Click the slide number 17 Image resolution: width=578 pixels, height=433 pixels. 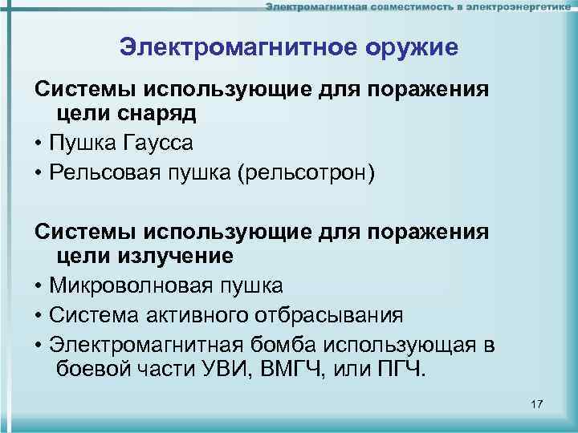(537, 403)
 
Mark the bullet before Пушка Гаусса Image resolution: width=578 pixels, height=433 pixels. (39, 144)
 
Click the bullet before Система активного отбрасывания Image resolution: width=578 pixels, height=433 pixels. (39, 315)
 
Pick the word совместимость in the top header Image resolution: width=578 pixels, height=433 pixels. (408, 7)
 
